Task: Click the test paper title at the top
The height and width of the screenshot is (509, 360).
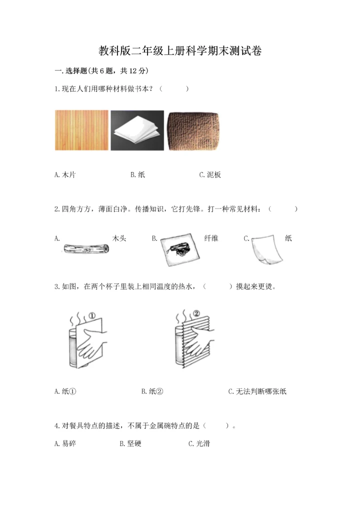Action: [x=180, y=50]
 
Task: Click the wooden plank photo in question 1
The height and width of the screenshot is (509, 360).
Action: [x=81, y=130]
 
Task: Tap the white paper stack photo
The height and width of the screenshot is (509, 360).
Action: [x=137, y=131]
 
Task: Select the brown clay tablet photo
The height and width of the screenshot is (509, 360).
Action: [x=193, y=131]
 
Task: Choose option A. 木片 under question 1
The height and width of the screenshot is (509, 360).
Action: [x=65, y=175]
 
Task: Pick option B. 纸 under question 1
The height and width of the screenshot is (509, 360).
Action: [x=137, y=175]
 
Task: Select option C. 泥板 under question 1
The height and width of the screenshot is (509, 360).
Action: [x=210, y=175]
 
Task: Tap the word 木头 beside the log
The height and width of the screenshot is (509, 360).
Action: [x=119, y=238]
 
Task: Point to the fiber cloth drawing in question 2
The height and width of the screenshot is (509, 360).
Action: [x=178, y=248]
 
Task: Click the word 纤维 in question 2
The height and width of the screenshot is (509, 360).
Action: [x=211, y=238]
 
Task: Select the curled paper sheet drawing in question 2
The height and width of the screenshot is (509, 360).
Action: [x=267, y=251]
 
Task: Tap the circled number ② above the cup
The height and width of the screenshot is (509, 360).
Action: [x=196, y=314]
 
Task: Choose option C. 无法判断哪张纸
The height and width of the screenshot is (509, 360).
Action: [x=257, y=391]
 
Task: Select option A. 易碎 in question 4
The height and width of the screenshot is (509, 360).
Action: [x=65, y=443]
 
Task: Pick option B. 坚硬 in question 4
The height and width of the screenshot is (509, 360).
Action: [x=131, y=443]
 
